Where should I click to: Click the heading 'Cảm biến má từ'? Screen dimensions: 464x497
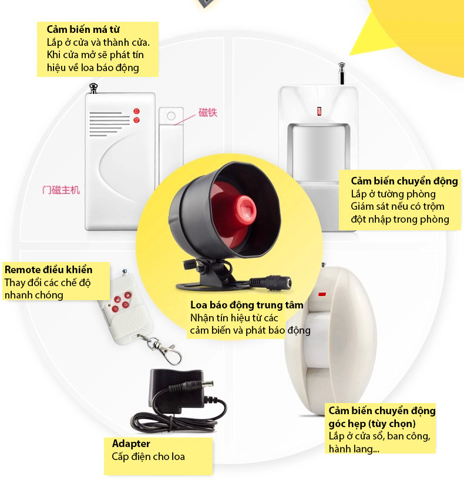click(83, 29)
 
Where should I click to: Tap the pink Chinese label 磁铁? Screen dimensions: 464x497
click(208, 113)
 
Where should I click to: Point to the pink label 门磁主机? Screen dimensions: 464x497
click(61, 190)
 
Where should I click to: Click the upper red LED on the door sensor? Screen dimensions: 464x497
click(137, 111)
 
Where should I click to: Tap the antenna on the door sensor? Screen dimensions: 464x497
click(93, 89)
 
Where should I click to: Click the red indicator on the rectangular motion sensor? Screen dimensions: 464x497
click(319, 111)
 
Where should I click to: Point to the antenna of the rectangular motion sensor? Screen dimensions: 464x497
click(342, 73)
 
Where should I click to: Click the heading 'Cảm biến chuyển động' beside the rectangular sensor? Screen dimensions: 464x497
click(404, 181)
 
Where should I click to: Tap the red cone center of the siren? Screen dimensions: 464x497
click(246, 209)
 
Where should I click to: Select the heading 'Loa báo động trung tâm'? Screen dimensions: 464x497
click(247, 305)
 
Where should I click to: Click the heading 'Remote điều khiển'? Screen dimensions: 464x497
click(49, 270)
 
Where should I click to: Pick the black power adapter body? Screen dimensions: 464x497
click(176, 391)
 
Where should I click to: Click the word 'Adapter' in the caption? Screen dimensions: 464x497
click(131, 444)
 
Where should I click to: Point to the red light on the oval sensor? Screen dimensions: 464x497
click(322, 294)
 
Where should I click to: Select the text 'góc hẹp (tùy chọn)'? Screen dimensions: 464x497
click(372, 424)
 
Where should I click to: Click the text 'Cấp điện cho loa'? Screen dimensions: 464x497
click(148, 456)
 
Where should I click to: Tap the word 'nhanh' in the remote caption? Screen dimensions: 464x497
click(17, 295)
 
